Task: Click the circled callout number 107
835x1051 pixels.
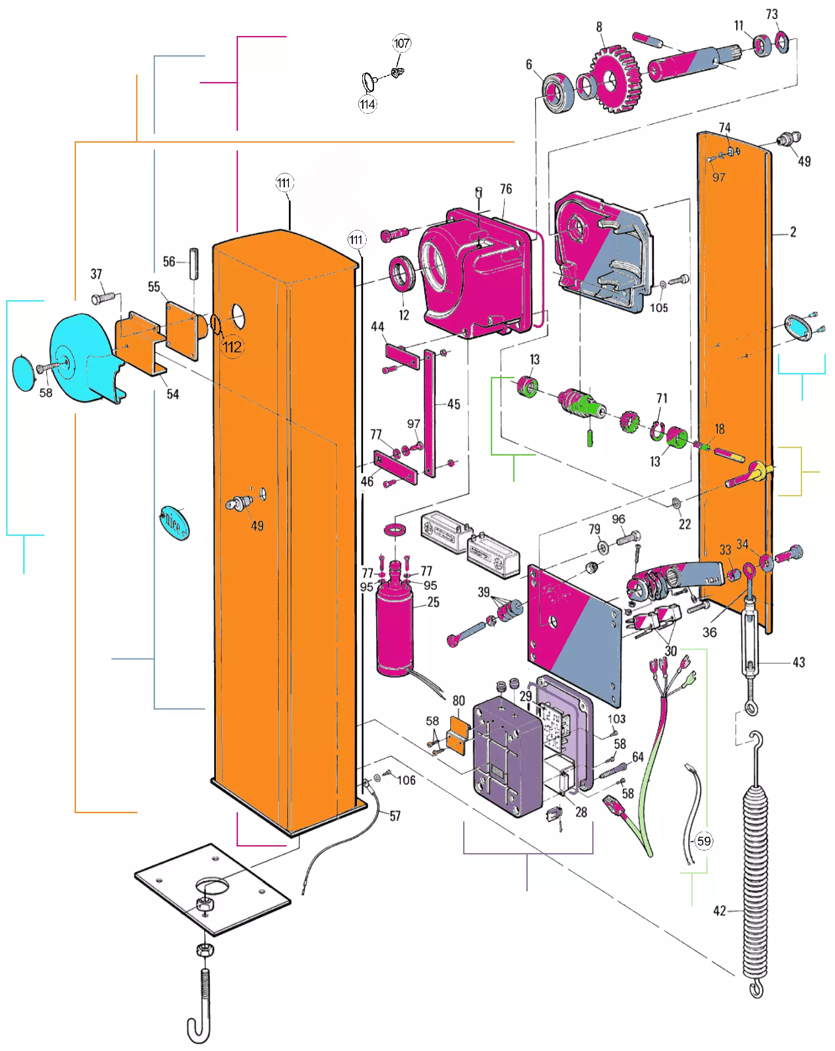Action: coord(401,43)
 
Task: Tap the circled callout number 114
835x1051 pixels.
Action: coord(367,104)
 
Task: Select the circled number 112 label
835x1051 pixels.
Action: coord(232,347)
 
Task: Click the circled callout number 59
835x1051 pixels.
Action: coord(703,840)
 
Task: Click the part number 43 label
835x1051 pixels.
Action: coord(799,662)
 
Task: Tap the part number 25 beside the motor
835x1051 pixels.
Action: coord(433,602)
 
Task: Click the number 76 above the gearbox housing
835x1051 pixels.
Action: coord(506,189)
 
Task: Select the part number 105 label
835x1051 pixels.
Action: coord(659,308)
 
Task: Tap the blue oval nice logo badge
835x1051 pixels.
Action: coord(174,523)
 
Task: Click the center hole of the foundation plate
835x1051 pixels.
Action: coord(212,885)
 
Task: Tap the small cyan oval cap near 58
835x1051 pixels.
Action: coord(23,373)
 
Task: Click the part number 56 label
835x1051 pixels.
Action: coord(169,262)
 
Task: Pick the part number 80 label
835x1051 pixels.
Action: coord(458,700)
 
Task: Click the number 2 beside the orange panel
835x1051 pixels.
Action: coord(793,232)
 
